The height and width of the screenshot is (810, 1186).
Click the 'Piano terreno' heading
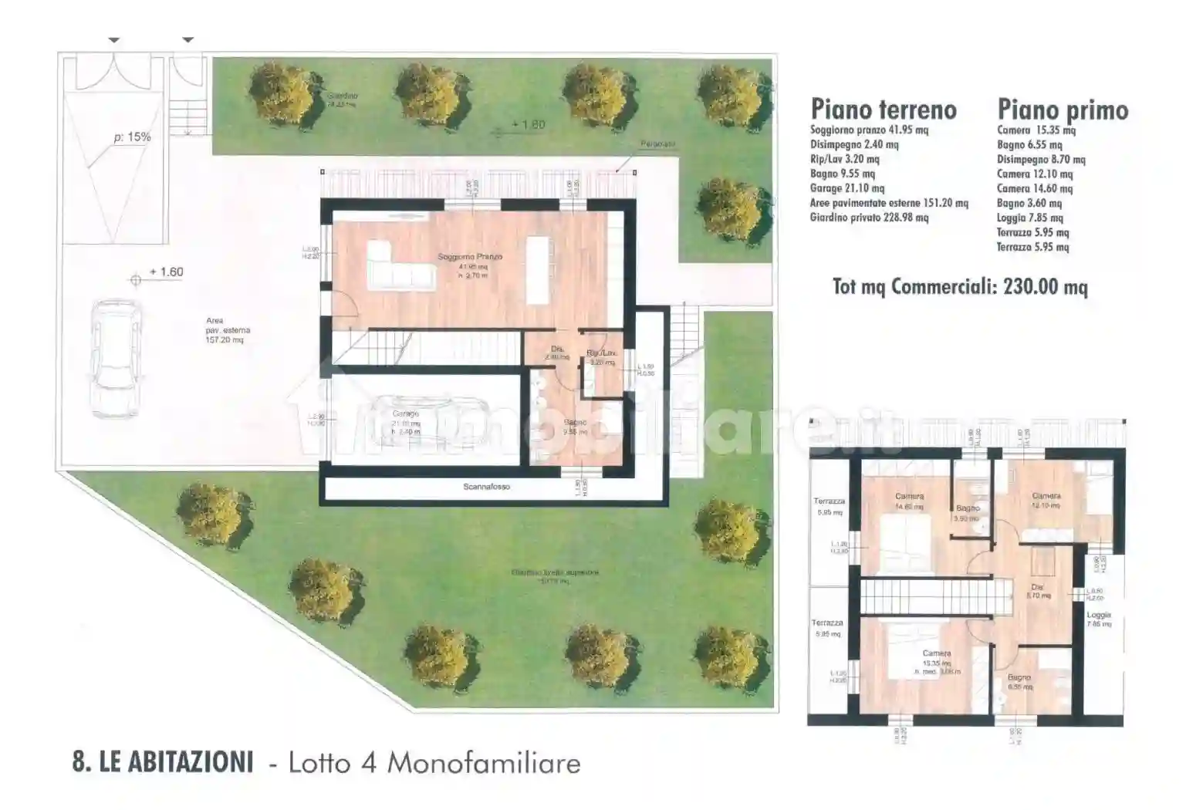884,110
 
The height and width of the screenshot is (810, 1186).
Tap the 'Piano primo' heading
1063,110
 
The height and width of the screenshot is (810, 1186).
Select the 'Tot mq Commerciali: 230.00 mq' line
960,287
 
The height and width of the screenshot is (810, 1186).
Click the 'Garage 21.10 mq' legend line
847,188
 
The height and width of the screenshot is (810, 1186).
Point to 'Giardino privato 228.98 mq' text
869,218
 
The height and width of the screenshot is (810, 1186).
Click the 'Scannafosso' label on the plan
486,487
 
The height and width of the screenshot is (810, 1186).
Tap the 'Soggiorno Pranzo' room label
470,256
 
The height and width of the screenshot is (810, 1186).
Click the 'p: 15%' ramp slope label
132,137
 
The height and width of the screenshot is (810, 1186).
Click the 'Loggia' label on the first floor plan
1099,615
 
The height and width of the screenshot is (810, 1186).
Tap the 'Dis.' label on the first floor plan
1037,588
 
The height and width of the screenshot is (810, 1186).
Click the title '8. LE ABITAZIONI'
163,762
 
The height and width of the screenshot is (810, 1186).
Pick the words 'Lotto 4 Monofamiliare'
434,762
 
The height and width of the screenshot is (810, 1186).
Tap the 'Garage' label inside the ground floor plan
406,414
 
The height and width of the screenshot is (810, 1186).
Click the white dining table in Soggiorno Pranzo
539,270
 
